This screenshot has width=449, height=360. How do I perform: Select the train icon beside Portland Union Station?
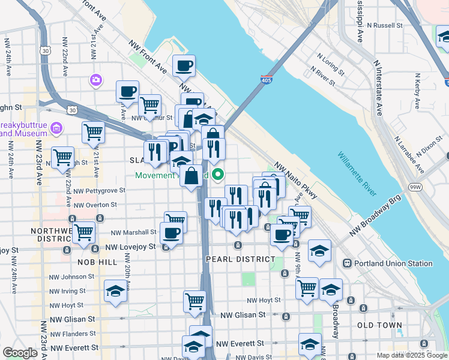point(347,263)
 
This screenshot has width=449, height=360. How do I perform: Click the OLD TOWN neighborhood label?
point(379,325)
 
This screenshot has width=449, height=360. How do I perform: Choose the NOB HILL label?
point(97,263)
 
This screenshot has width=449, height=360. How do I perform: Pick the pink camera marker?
point(95,80)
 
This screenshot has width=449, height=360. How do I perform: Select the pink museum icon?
point(57,128)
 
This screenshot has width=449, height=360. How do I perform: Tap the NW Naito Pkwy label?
point(295,180)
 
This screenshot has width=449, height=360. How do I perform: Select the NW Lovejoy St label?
point(130,247)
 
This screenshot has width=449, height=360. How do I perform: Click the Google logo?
point(20,353)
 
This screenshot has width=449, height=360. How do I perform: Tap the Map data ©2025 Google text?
point(412,355)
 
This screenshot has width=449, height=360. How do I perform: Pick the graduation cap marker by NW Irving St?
point(115,292)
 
